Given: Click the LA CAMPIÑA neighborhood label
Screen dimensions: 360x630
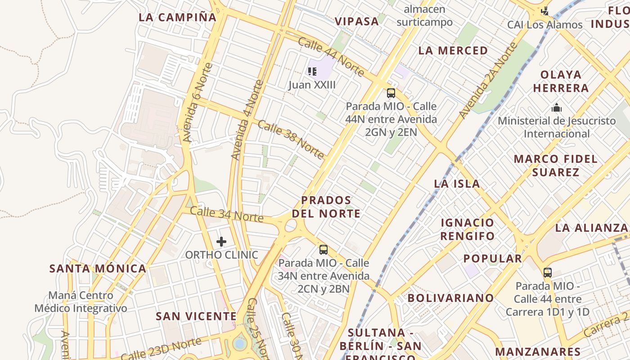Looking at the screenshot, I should [x=178, y=18].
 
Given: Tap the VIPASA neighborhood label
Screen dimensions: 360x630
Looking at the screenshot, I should [x=357, y=21].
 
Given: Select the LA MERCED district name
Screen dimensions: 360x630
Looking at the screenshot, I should [x=453, y=50].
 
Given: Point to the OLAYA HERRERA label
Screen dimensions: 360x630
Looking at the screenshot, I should [x=561, y=81].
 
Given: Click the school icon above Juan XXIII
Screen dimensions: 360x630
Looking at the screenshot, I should [x=312, y=71].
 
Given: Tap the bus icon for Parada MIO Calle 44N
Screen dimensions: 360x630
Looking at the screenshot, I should [x=391, y=93].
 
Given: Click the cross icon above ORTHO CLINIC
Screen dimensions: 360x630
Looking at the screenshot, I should [x=221, y=242].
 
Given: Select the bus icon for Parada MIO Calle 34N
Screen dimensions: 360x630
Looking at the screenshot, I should [x=323, y=250].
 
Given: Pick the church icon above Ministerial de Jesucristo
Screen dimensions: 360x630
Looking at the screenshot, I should [x=557, y=108].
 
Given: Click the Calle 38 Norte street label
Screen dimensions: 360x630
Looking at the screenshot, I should [x=291, y=139].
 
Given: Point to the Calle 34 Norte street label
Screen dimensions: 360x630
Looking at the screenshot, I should [x=226, y=214].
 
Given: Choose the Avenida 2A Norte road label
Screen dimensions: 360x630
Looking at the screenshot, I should [x=488, y=81].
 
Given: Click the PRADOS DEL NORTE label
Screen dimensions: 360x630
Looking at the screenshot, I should [x=326, y=207].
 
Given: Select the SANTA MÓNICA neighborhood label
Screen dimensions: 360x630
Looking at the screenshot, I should [x=98, y=269].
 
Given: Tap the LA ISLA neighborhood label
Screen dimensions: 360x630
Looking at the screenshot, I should [x=457, y=184].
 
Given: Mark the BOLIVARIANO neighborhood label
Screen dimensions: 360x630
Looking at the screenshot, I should [x=450, y=298].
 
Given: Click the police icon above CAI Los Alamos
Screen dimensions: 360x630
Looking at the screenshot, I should [x=545, y=11].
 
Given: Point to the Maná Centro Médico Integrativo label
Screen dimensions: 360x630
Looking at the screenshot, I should [x=81, y=302].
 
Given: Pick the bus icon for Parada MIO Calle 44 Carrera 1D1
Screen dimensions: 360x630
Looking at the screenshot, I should [x=547, y=272].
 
